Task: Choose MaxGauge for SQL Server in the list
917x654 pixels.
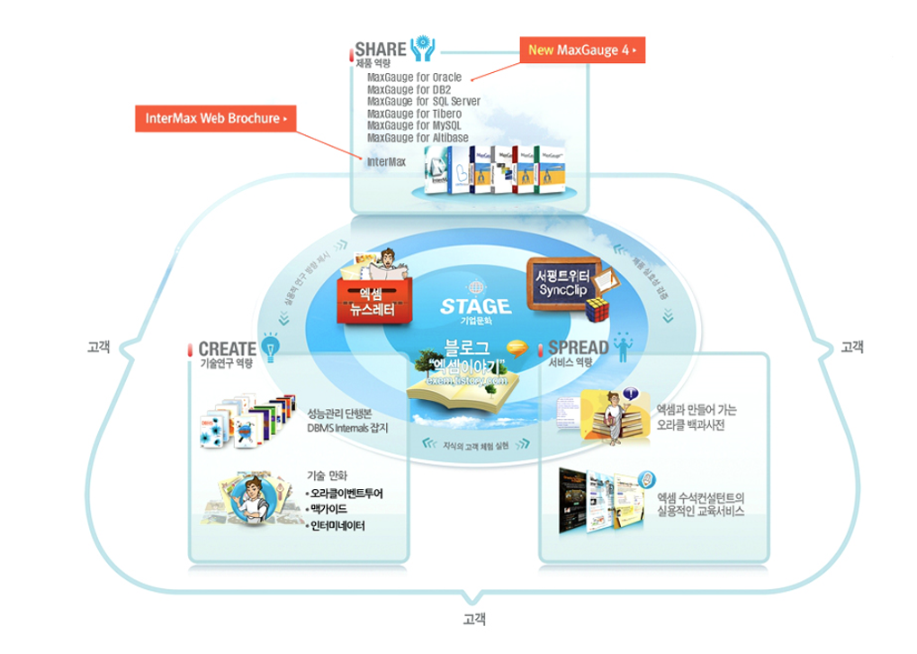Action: [423, 102]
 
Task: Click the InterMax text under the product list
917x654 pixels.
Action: [386, 162]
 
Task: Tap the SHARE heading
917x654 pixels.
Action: [381, 48]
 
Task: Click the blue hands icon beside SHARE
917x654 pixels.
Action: [422, 48]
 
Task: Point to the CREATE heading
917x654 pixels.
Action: [227, 349]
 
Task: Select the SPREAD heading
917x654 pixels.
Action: [579, 349]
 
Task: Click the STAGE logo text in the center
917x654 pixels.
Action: [476, 306]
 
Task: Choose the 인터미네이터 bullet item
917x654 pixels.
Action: [337, 526]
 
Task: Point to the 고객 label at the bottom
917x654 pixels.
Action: [474, 620]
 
